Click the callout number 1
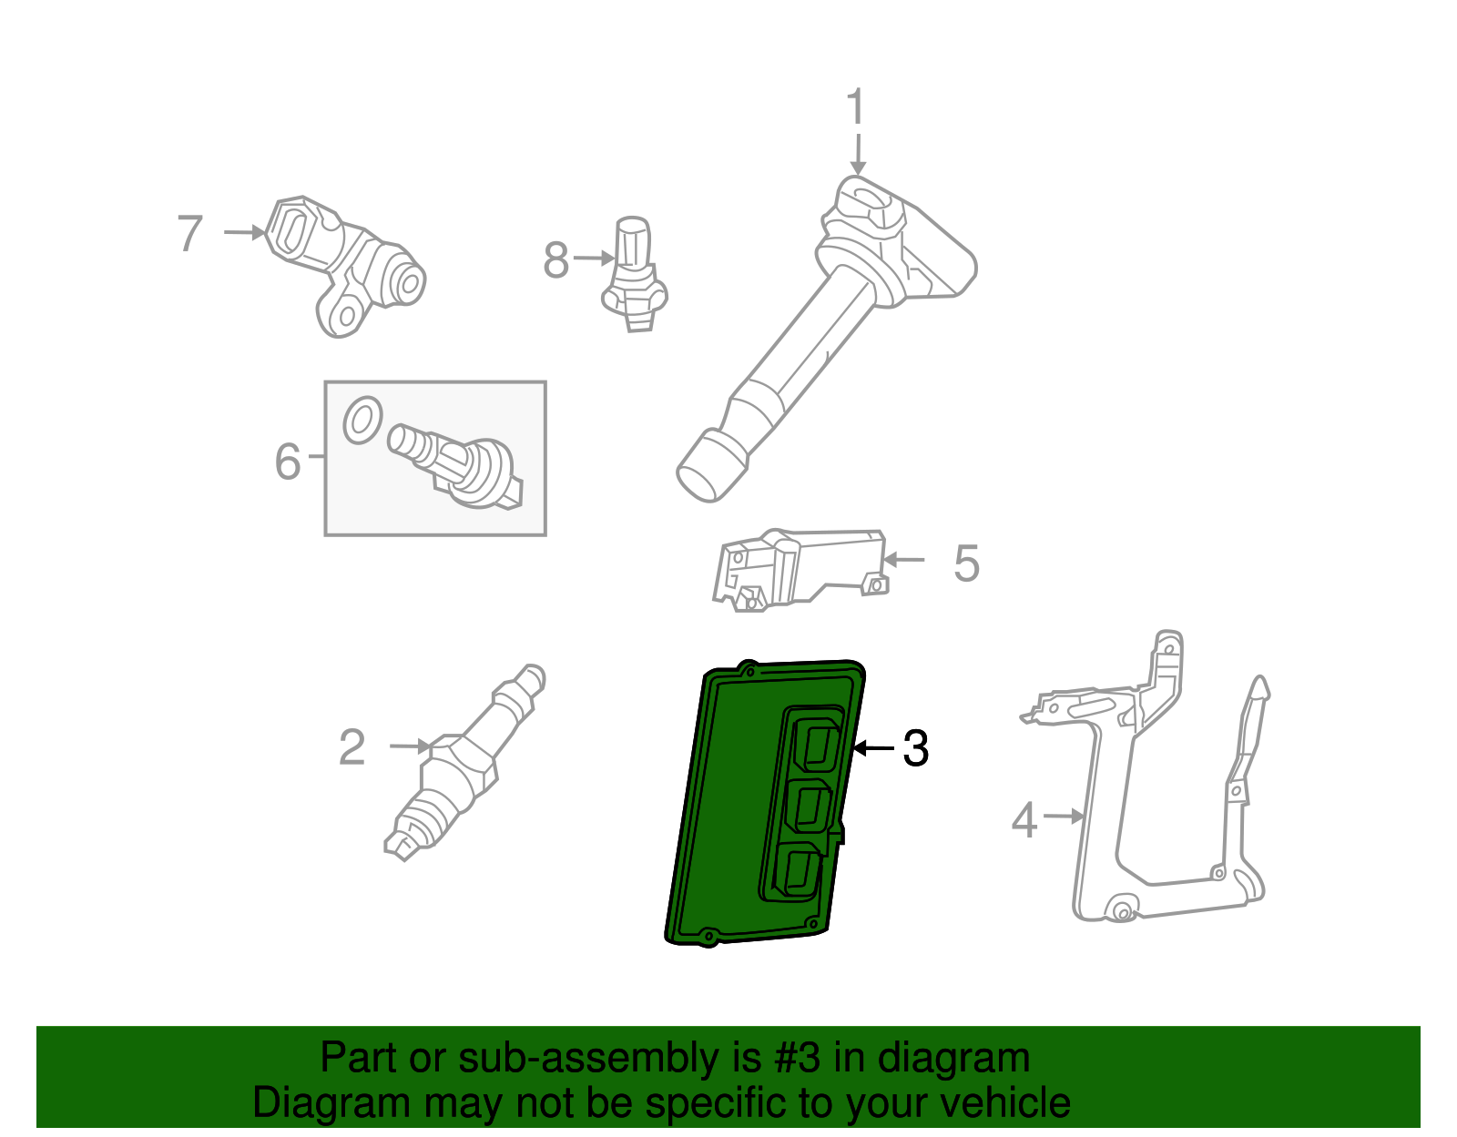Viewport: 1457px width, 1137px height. [x=855, y=107]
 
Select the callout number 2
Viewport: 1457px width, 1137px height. [x=352, y=747]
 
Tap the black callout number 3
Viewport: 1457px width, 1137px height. [x=915, y=748]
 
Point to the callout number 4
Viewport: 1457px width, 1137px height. [x=1024, y=819]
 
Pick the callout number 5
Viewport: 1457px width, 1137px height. [x=966, y=563]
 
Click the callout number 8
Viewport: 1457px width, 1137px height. [x=555, y=260]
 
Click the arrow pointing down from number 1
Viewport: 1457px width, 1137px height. [x=857, y=153]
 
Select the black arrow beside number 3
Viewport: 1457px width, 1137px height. [x=873, y=748]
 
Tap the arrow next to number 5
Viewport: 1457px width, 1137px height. [x=904, y=560]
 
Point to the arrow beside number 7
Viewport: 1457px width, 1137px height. [x=244, y=233]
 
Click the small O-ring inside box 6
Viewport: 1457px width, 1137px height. [x=362, y=421]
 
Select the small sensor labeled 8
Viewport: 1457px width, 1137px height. [x=634, y=273]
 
